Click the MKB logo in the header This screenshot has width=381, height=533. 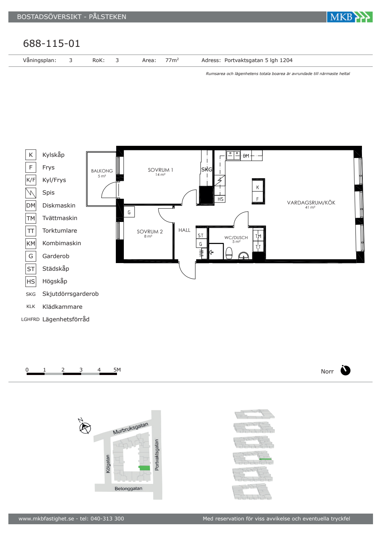tap(350, 17)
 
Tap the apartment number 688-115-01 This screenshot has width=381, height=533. tap(51, 43)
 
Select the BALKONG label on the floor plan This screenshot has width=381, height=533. tap(102, 171)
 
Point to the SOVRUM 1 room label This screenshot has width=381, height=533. tap(160, 170)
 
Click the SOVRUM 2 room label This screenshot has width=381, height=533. tap(149, 231)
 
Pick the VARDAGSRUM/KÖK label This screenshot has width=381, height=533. tap(311, 203)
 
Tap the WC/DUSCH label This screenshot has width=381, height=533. tap(236, 238)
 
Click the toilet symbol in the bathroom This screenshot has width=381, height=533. tap(229, 253)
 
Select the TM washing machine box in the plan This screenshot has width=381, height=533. tap(258, 236)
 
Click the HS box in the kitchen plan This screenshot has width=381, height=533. tap(220, 199)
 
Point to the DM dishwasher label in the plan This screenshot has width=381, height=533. tap(246, 156)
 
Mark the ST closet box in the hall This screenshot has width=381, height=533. tap(201, 236)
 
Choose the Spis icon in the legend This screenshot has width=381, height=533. tap(31, 193)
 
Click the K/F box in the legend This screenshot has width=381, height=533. tap(31, 180)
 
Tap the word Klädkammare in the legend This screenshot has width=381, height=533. tap(62, 307)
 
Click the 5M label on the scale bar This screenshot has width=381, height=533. tap(117, 370)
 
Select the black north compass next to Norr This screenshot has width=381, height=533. tap(345, 370)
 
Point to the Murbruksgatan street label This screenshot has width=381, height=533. tap(130, 428)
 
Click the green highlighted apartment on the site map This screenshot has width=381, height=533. tap(144, 468)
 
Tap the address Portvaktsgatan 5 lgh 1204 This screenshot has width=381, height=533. tap(258, 61)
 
